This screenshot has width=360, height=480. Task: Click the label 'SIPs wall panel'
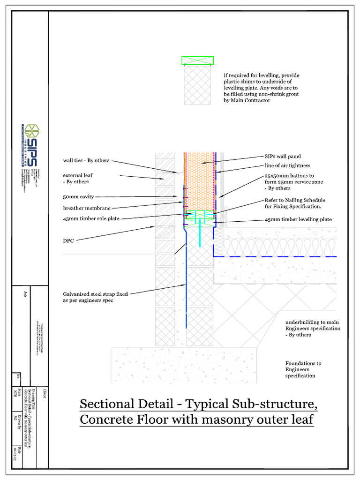[283, 156]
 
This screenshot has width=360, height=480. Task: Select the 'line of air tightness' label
[287, 165]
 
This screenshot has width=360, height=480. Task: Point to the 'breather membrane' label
[90, 208]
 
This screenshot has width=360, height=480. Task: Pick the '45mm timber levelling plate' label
[298, 219]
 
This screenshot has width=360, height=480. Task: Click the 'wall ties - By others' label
[86, 160]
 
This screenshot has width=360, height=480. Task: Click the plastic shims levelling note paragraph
[262, 88]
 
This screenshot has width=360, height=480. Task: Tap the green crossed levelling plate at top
[198, 60]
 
